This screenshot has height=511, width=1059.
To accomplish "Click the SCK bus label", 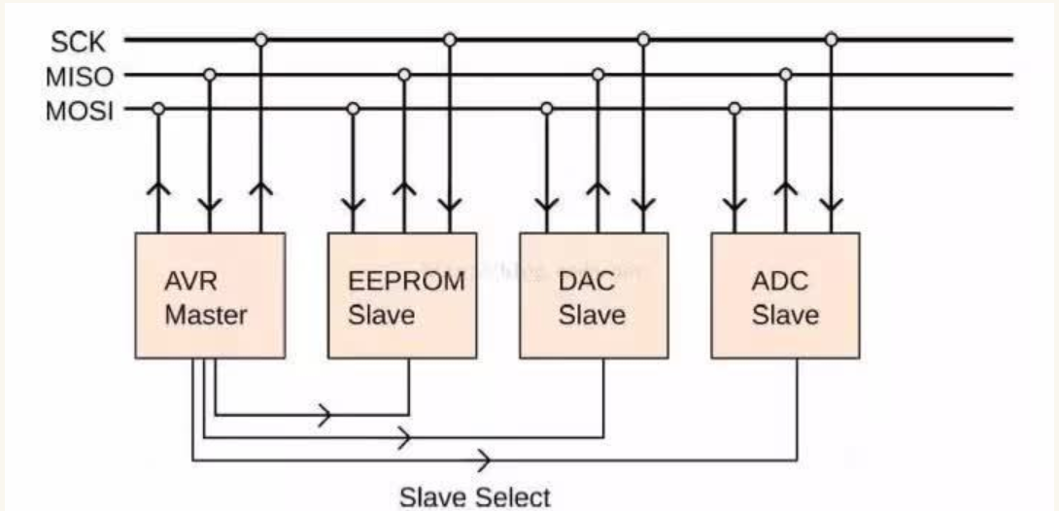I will tap(78, 42).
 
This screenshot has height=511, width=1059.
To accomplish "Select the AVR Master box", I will tap(210, 296).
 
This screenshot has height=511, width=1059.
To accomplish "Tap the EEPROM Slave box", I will tap(401, 296).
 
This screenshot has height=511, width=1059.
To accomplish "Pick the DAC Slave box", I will tap(593, 296).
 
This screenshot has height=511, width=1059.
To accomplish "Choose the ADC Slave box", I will tap(785, 296).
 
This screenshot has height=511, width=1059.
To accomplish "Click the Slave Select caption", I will tap(474, 496).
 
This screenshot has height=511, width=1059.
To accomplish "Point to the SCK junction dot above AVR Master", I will tap(260, 40).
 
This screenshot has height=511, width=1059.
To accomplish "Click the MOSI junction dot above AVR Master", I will tap(158, 109).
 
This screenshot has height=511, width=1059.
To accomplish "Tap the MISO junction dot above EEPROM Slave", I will tap(404, 75).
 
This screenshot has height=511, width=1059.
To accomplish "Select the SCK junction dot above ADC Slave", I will tap(831, 40).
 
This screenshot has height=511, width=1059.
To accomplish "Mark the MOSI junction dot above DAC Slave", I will tap(547, 109).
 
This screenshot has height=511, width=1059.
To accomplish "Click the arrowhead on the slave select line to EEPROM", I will tap(325, 416).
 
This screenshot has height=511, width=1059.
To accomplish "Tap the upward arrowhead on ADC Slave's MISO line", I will tap(786, 189).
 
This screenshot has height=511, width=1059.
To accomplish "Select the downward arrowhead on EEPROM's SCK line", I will tap(449, 206).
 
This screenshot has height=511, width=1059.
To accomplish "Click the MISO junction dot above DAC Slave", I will tap(598, 75).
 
